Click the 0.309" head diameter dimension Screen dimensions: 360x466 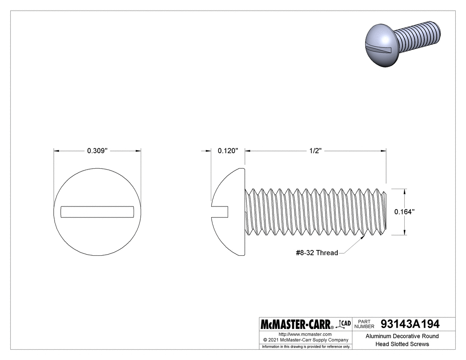(x=97, y=151)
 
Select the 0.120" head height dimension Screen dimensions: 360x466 (x=228, y=151)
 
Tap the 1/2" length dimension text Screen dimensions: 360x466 (x=315, y=151)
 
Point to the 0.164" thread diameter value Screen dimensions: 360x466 (x=404, y=212)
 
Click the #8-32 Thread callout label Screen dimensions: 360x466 (x=316, y=253)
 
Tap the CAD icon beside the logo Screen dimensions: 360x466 (x=344, y=324)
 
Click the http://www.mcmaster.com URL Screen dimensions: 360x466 (x=305, y=334)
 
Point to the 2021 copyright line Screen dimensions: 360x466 (x=305, y=340)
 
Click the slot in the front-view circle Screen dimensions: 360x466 (x=97, y=212)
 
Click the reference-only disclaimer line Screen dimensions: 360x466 (x=305, y=346)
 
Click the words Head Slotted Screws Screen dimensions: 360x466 (x=403, y=344)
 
